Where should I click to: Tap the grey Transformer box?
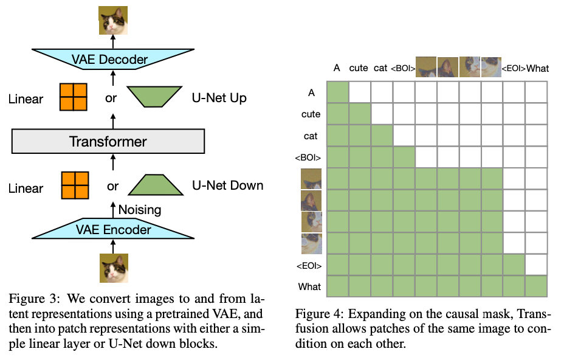click(x=108, y=142)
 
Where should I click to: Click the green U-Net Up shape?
click(x=156, y=97)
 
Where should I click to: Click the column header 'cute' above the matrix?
click(x=359, y=68)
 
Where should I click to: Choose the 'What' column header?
click(x=537, y=68)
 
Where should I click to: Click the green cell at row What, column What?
click(x=537, y=286)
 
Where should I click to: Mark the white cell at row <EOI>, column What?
click(x=537, y=265)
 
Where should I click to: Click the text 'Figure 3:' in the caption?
click(x=32, y=299)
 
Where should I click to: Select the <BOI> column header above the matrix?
click(x=404, y=68)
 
